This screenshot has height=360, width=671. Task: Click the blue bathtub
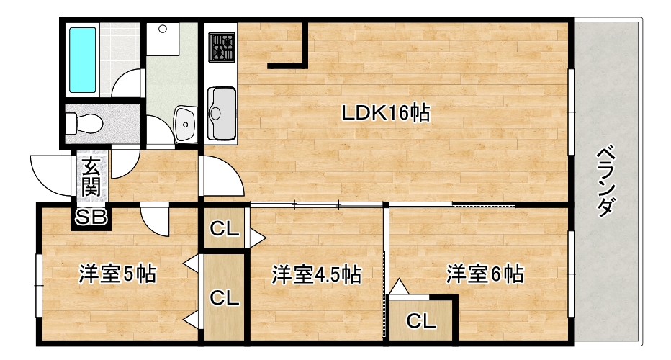point(82,60)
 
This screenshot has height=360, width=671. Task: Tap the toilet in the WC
point(84,123)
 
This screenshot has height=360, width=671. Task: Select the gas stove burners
point(221,47)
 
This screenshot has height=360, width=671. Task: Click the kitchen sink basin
point(222,114)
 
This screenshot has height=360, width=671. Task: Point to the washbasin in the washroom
point(185,124)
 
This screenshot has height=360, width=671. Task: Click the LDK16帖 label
point(386,113)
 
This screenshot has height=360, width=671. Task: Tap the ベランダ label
point(606,181)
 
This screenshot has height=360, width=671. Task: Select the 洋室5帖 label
point(117,274)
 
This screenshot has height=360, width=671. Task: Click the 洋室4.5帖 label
point(317,274)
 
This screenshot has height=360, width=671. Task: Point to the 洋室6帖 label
point(485,274)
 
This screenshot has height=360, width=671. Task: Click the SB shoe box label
point(91,217)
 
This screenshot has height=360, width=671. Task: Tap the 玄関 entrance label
point(91,176)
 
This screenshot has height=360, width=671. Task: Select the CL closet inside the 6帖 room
point(421,320)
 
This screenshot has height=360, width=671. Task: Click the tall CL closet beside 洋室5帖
point(224,297)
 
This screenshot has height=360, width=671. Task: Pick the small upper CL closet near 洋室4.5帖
point(224,229)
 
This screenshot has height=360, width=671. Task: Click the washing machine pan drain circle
point(163,29)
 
